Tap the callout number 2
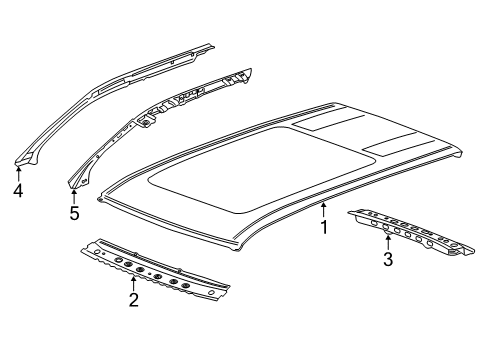point(133,300)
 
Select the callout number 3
point(388,259)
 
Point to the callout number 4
point(18,190)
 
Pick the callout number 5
point(74,213)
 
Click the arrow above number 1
point(323,210)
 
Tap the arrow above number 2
point(133,283)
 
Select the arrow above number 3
point(388,242)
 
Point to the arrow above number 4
point(18,173)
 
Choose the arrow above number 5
point(74,196)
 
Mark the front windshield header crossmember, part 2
point(155,270)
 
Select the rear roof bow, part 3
point(412,232)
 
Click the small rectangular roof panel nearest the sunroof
point(328,123)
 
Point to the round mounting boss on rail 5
point(146,124)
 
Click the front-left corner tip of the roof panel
point(99,199)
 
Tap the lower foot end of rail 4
point(25,160)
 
